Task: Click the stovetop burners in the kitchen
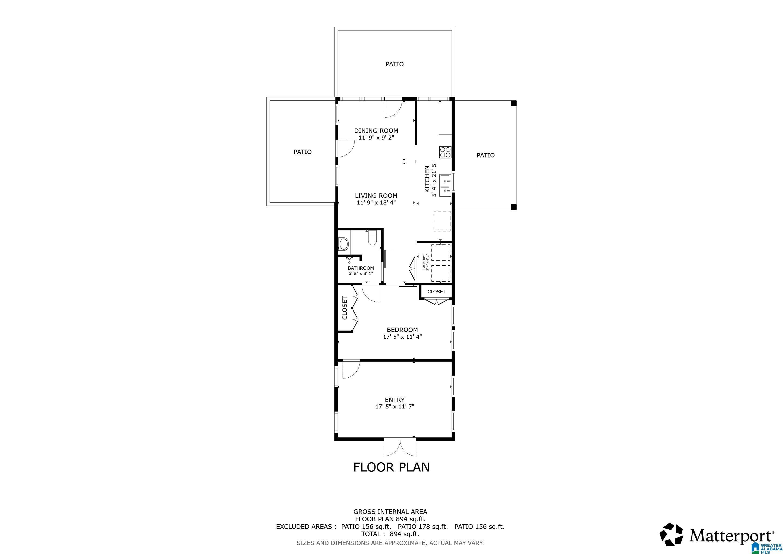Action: [445, 152]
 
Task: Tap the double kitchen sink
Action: [445, 186]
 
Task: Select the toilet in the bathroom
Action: [372, 238]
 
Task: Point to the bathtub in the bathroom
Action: [343, 244]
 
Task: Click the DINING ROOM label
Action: [376, 131]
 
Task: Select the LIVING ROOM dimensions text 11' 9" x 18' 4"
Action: [376, 203]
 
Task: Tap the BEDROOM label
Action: [402, 330]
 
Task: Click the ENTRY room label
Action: [394, 400]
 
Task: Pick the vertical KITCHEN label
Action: [427, 179]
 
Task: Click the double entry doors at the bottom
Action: [400, 448]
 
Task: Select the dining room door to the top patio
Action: [393, 108]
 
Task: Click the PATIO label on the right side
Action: [485, 156]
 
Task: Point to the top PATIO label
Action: [394, 64]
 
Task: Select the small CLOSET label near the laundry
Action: [436, 292]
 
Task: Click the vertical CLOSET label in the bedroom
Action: [344, 308]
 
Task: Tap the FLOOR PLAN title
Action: [391, 467]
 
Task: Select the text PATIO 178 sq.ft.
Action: [423, 526]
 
